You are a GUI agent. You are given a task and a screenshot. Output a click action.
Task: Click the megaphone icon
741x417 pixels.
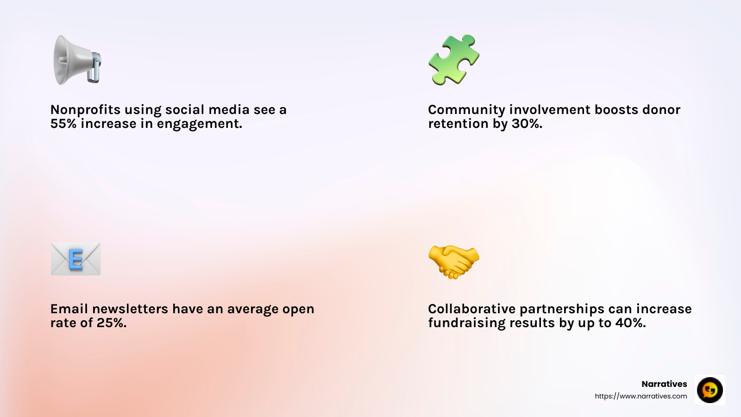pyautogui.click(x=77, y=60)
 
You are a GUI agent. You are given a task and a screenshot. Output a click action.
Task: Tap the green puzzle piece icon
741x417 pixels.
pyautogui.click(x=454, y=60)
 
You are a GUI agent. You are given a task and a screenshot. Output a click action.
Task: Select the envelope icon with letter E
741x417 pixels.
pyautogui.click(x=75, y=259)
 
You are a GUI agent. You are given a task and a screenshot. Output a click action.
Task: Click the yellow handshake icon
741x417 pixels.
pyautogui.click(x=454, y=261)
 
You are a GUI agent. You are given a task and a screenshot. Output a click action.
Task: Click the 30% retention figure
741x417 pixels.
pyautogui.click(x=527, y=124)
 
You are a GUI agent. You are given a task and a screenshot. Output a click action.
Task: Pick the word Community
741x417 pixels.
pyautogui.click(x=466, y=110)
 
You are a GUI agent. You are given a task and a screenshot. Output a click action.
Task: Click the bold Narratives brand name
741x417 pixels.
pyautogui.click(x=664, y=384)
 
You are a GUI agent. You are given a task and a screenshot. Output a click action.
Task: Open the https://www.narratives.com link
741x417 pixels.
pyautogui.click(x=641, y=396)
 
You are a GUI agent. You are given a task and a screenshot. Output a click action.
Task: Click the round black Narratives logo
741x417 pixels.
pyautogui.click(x=710, y=390)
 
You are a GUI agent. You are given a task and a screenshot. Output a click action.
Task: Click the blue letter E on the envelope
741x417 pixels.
pyautogui.click(x=75, y=259)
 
